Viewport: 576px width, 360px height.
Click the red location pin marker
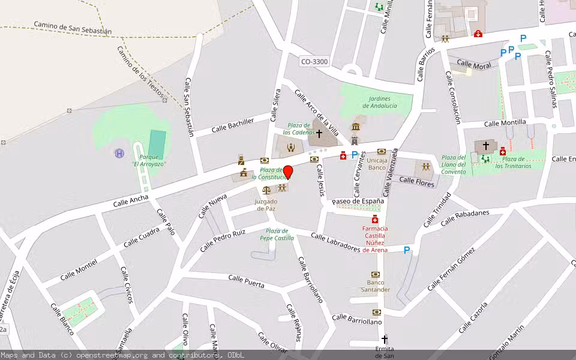point(288,172)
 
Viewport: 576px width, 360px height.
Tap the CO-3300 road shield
point(314,61)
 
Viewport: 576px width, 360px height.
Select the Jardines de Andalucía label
point(376,102)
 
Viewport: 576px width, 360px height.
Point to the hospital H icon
point(119,154)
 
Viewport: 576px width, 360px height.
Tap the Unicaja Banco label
point(377,164)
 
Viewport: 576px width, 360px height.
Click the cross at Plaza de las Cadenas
point(319,133)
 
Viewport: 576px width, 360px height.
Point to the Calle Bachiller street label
point(233,125)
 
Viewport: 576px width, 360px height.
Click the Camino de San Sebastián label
point(73,28)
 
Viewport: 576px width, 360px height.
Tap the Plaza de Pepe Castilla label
point(277,235)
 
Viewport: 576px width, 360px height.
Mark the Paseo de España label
point(358,201)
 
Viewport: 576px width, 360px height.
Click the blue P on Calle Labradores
point(407,250)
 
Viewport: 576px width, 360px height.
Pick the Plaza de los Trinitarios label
point(513,162)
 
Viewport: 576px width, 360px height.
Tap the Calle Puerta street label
point(246,280)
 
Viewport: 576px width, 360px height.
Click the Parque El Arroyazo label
point(149,160)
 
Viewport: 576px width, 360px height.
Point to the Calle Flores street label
point(416,181)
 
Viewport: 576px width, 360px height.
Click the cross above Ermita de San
point(385,339)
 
